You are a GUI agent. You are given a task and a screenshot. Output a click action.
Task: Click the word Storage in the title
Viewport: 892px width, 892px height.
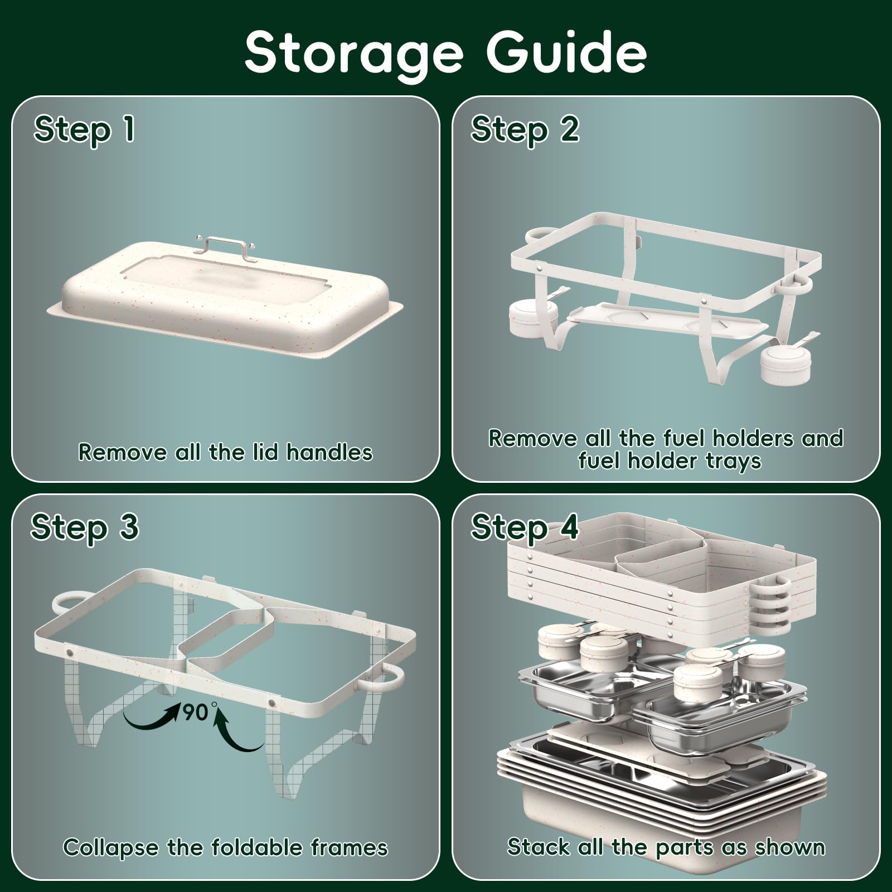click(354, 54)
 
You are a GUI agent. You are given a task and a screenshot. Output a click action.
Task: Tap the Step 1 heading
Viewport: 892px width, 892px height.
click(84, 130)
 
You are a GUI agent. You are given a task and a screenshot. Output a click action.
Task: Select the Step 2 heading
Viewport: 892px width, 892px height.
click(525, 130)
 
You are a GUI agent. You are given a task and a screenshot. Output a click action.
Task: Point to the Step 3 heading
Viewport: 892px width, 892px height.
click(85, 527)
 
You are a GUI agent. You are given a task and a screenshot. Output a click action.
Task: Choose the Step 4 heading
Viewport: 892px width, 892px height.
click(525, 527)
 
